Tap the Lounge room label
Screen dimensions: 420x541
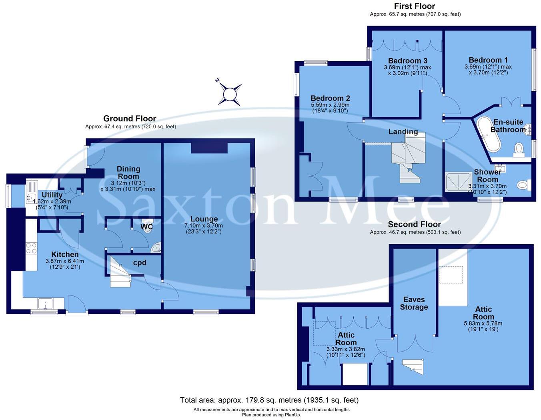click(204, 219)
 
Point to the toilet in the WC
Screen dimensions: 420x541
click(148, 227)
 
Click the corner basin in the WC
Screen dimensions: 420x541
click(156, 248)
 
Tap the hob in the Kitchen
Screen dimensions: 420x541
click(31, 249)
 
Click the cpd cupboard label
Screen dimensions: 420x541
click(140, 263)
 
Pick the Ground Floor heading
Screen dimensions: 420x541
click(130, 119)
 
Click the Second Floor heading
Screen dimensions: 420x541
click(414, 224)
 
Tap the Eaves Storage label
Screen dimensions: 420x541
click(414, 303)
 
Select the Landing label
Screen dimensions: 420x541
click(403, 132)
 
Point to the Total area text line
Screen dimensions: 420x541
click(269, 400)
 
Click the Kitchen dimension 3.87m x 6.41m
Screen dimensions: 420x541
click(65, 261)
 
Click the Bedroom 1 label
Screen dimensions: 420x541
click(488, 60)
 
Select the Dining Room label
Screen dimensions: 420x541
click(128, 173)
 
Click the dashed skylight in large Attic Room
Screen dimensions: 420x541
click(451, 275)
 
